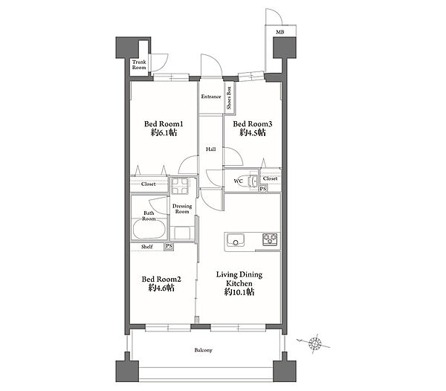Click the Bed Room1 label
coord(164,124)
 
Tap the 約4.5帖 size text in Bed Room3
coord(253,132)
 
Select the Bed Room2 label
coord(161,279)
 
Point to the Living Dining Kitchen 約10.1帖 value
coord(239,292)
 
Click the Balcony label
coord(204,350)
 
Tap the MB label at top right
coord(280,32)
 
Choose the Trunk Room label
coord(139,65)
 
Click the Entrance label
coord(211,97)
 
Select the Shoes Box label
coord(229,98)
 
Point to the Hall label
coord(211,149)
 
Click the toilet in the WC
coord(253,181)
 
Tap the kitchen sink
coord(236,239)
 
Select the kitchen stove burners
coord(270,239)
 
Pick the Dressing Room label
coord(182,209)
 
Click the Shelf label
coord(146,247)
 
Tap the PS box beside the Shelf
coord(169,246)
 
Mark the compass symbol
coord(314,343)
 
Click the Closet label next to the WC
coord(270,178)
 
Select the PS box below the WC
coord(263,189)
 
